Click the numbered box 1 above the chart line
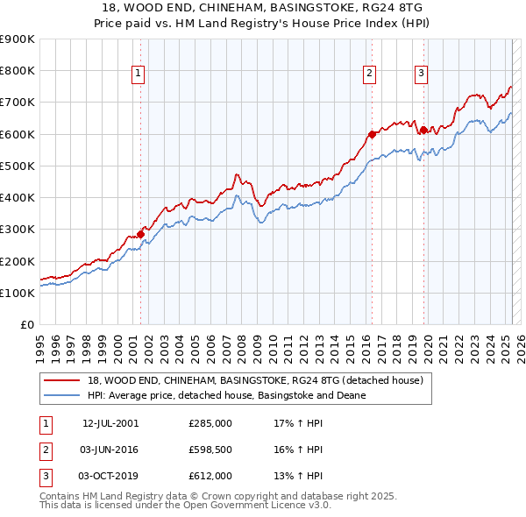139,74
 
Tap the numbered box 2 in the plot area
370,74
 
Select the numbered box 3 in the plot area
422,74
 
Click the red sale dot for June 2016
371,134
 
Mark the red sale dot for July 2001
140,234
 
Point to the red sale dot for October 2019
423,130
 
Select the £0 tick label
26,325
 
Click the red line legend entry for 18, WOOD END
255,380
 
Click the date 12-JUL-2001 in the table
110,422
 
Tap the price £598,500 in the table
210,450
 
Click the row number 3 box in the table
44,477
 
